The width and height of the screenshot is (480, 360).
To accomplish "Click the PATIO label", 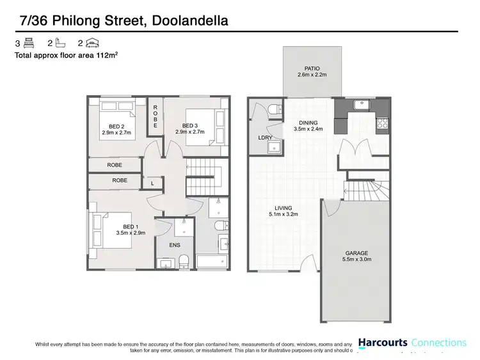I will tap(312, 68).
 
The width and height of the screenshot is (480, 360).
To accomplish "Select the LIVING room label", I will tap(284, 208).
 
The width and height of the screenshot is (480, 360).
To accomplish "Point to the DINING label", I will tap(308, 122).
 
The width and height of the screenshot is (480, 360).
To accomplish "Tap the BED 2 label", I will tap(116, 126).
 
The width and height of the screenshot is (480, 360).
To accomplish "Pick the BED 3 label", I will tap(190, 125).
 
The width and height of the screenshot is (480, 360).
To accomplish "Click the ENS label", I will tap(174, 245).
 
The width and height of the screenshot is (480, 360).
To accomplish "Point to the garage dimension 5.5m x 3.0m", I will tap(357, 259).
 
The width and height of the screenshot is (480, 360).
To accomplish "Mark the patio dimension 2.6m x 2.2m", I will tap(312, 75).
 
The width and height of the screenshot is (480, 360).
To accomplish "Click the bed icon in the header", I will tap(28, 43).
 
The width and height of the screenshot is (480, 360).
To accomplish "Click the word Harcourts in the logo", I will tap(382, 343).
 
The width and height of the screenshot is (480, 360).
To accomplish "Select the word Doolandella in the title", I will tap(191, 21).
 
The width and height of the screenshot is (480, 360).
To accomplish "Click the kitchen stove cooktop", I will tap(383, 123).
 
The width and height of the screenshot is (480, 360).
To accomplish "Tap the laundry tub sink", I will tap(277, 147).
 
